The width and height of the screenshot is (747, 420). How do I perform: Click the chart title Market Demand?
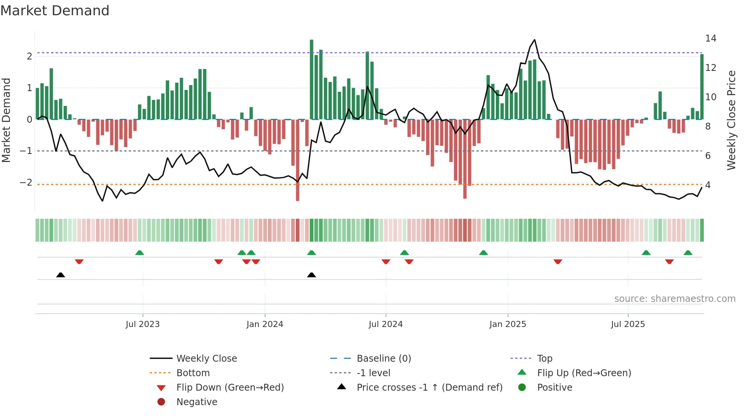[55, 11]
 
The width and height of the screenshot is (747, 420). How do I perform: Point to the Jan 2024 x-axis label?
[264, 324]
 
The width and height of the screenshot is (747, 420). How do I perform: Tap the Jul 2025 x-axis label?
[628, 324]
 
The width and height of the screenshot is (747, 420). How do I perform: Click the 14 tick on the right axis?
[710, 38]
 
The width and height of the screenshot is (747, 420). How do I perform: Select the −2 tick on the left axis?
[26, 183]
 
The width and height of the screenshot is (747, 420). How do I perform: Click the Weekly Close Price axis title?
[731, 120]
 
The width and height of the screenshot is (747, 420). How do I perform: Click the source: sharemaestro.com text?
[675, 299]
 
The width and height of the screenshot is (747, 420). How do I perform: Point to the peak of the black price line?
[534, 40]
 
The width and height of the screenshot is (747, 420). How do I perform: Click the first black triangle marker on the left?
[61, 275]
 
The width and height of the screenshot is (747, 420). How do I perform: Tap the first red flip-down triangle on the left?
[79, 261]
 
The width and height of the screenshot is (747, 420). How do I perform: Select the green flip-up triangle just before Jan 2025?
[483, 253]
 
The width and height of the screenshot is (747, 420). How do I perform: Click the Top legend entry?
[544, 359]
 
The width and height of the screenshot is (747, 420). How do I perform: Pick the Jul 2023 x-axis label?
[143, 324]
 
